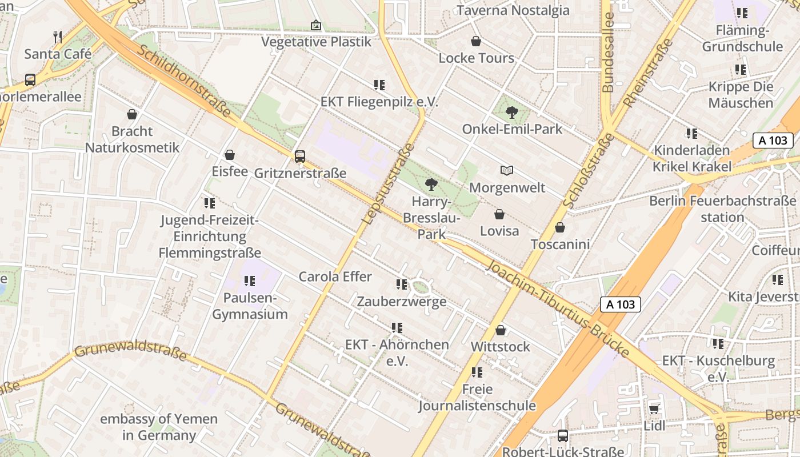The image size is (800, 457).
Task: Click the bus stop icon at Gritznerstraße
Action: [x=299, y=156]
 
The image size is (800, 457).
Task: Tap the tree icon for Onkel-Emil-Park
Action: [x=512, y=113]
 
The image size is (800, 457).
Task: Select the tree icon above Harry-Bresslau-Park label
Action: [x=431, y=185]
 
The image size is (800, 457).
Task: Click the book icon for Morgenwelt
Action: [x=506, y=170]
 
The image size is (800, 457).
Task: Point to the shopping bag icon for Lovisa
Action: [x=499, y=214]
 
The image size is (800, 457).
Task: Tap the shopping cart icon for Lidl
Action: [x=654, y=408]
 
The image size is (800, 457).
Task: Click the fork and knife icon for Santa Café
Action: [x=58, y=37]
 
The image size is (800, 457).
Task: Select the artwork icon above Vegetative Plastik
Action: [x=315, y=25]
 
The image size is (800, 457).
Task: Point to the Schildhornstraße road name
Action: [x=184, y=81]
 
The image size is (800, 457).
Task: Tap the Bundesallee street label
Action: [x=608, y=53]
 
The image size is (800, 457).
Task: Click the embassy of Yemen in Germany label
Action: [x=159, y=427]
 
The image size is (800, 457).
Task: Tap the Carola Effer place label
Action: [x=335, y=276]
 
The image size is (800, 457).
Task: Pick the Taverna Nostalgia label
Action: [x=513, y=10]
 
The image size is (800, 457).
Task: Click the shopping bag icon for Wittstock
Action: [x=501, y=330]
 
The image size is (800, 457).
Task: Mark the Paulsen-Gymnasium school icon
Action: [x=249, y=281]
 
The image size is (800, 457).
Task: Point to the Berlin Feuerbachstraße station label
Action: [x=722, y=209]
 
